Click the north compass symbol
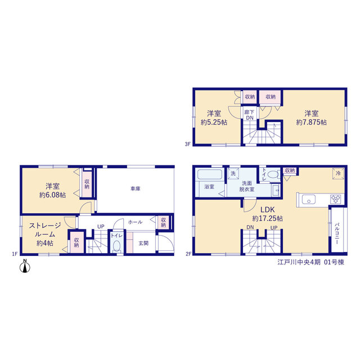coord(25,266)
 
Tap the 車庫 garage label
coord(135,189)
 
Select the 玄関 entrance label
coord(143,243)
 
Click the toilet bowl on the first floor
coord(116,245)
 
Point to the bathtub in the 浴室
coord(210,174)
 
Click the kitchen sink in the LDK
coord(308,200)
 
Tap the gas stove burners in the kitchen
coord(335,199)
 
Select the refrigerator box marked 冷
coord(338,173)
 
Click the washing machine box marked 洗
coord(233,173)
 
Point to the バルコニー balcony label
coord(337,233)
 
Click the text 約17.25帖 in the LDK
coord(268,218)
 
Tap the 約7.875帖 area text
coord(311,123)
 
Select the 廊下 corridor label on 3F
coord(249,112)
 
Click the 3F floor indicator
coord(188,144)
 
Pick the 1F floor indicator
coord(15,254)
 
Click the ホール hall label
coord(135,222)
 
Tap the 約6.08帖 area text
coord(52,195)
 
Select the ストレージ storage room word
coord(45,226)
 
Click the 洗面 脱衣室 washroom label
coord(247,186)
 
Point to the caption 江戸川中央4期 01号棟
coord(311,262)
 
